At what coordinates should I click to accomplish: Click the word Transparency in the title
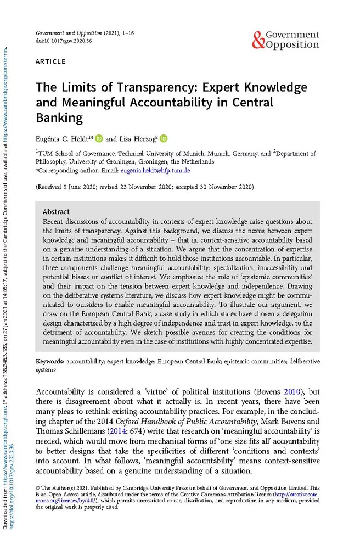coord(142,88)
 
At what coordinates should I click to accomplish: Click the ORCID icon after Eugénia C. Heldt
coord(99,139)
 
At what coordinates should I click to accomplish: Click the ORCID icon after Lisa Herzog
coord(164,139)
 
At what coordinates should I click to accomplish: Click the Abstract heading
coord(55,211)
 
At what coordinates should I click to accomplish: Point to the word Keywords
coord(50,362)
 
